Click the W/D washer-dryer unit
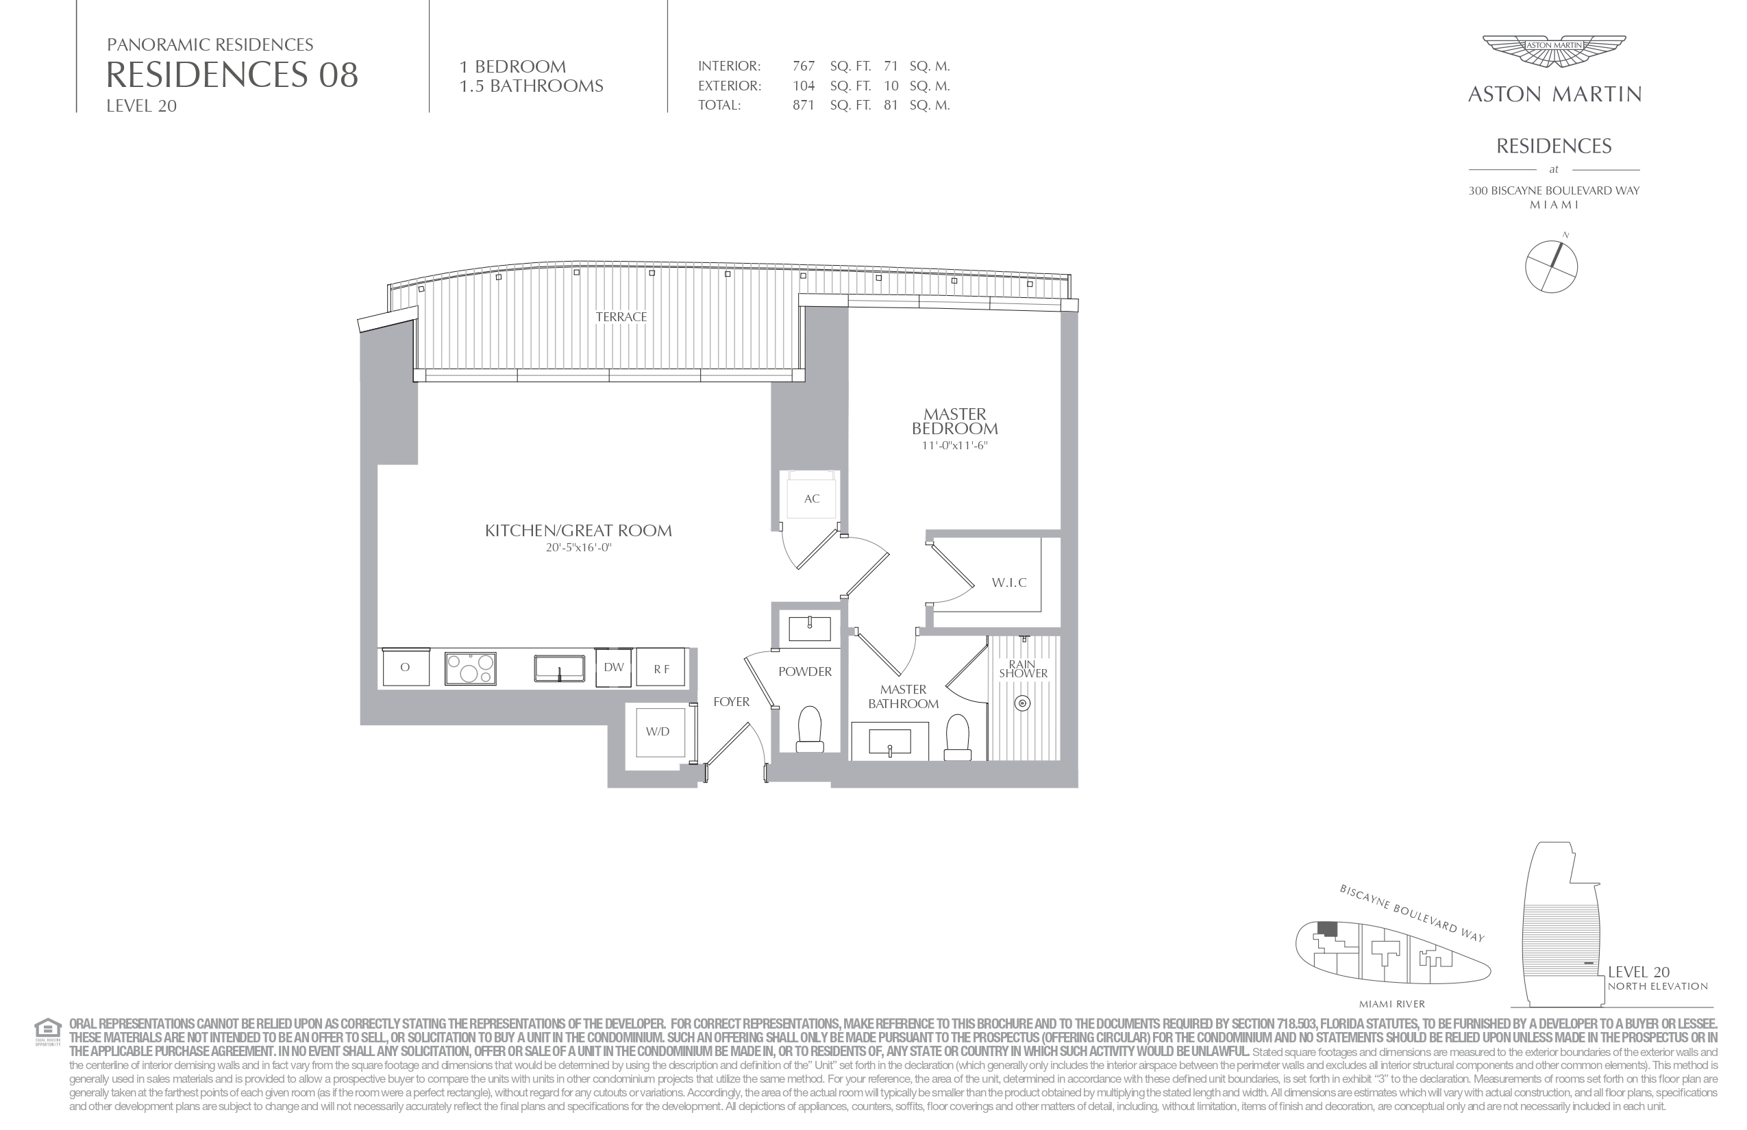[x=658, y=731]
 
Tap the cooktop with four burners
[x=471, y=668]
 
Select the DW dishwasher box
[x=614, y=667]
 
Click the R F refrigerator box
[x=660, y=668]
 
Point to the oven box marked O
[x=405, y=667]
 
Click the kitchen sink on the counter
[x=559, y=668]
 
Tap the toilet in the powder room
[x=810, y=729]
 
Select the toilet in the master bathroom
[x=958, y=738]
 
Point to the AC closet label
[x=811, y=499]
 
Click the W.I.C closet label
[x=1008, y=583]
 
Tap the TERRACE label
[x=621, y=317]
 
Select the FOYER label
[x=731, y=702]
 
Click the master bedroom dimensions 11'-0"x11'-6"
[x=955, y=445]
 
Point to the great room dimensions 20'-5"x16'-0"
[x=578, y=547]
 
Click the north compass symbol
[x=1551, y=266]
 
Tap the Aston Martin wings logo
[x=1554, y=52]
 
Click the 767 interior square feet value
[x=804, y=66]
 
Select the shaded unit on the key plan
[x=1327, y=928]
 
